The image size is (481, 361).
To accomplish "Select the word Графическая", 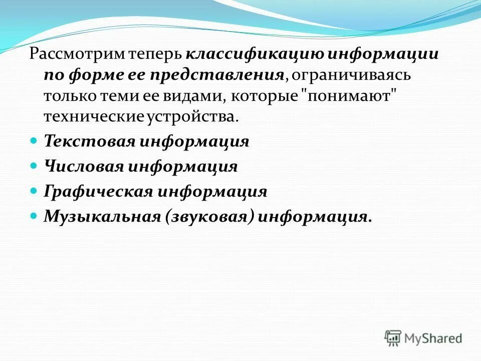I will coord(98,191).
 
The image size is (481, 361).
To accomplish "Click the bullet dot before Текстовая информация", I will coord(34,141).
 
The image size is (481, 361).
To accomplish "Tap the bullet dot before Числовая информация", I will coord(34,165).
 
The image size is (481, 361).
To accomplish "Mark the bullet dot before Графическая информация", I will coord(34,191).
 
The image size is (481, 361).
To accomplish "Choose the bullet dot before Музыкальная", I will coord(34,216).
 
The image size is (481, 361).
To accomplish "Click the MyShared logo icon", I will coord(393,337).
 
